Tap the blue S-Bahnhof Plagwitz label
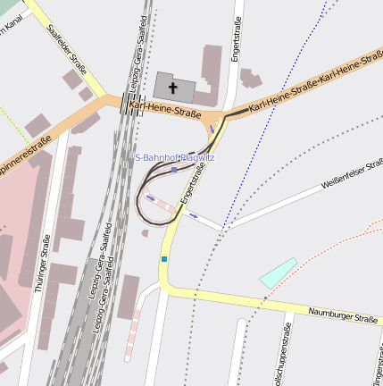click(x=174, y=157)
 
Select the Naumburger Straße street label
click(x=344, y=317)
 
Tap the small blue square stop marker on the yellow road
click(x=164, y=259)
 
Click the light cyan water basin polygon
click(x=278, y=273)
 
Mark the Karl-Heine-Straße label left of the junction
click(x=164, y=110)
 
